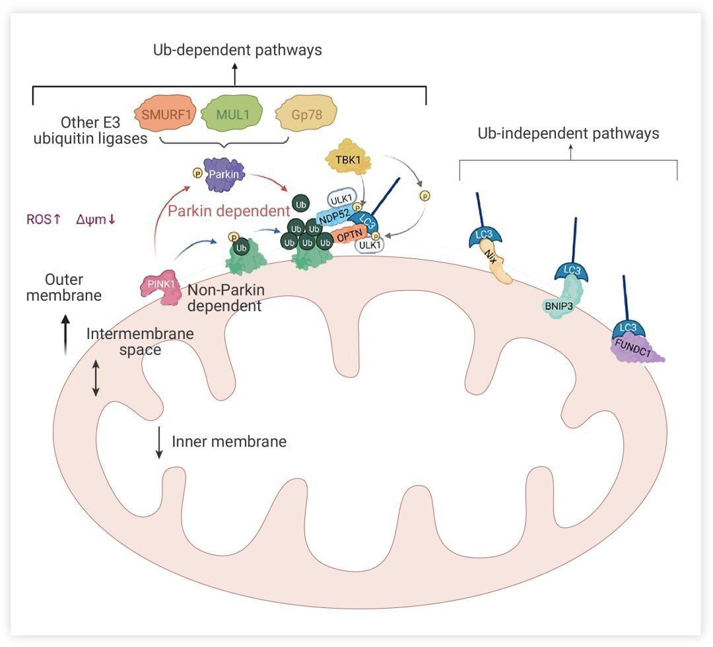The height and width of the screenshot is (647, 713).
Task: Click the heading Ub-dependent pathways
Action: tap(238, 50)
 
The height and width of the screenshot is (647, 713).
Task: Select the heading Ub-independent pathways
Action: tap(568, 133)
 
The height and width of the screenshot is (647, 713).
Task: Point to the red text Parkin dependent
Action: tap(228, 211)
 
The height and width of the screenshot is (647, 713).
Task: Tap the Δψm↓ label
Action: tap(96, 219)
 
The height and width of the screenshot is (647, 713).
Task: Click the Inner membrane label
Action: tap(229, 441)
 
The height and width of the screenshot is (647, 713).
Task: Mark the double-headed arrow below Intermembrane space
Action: tap(96, 378)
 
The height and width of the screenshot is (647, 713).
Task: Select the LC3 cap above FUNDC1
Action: tap(625, 328)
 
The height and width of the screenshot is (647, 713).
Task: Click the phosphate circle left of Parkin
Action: tap(197, 173)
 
